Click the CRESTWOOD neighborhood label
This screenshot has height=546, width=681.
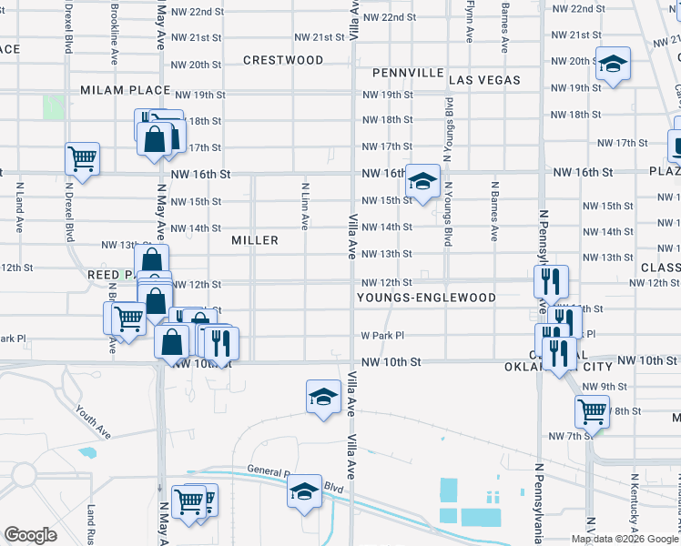[283, 60]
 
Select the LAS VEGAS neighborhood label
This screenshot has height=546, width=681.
[483, 80]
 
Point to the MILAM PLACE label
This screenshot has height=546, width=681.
[125, 90]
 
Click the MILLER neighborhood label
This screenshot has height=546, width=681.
[255, 240]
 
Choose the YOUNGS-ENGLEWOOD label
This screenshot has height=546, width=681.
[426, 298]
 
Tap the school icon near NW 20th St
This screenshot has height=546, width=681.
[613, 65]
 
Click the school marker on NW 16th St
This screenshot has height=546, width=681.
[422, 181]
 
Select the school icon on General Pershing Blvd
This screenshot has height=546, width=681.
[304, 492]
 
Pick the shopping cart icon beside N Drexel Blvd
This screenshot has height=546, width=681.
[82, 159]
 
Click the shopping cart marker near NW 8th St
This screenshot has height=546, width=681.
[592, 411]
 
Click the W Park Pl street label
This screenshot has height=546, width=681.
[381, 335]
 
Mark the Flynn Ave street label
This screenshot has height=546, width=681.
[469, 22]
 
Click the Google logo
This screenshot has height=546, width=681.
[31, 535]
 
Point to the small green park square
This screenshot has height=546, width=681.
[53, 106]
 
